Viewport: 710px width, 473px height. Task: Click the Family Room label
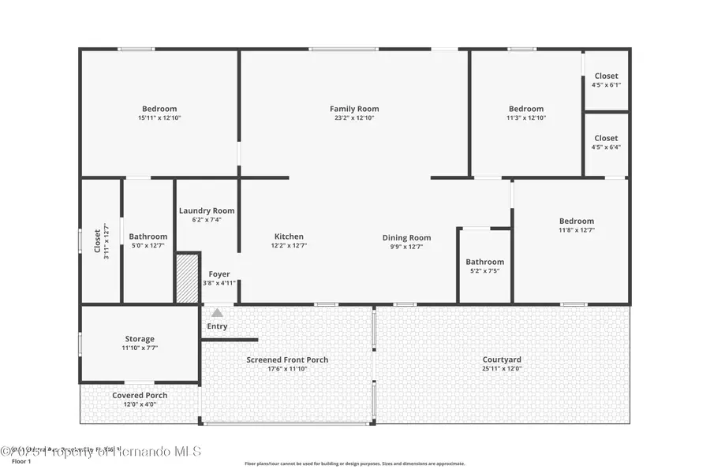[354, 109]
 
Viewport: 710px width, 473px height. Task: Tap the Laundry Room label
[207, 210]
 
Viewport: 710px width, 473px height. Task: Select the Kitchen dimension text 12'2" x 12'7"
[289, 246]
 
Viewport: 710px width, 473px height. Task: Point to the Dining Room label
[406, 237]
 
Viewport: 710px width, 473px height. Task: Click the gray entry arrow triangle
[217, 313]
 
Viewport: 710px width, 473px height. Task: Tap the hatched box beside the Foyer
[187, 277]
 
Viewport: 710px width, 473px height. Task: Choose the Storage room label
[139, 339]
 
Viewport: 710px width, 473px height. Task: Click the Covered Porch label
[139, 395]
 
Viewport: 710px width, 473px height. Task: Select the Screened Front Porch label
[287, 359]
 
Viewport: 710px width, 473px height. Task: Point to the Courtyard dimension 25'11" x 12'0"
[503, 369]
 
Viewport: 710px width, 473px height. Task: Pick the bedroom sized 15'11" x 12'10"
[159, 113]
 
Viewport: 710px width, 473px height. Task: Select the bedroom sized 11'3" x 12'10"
[525, 113]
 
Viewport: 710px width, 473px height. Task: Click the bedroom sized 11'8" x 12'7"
[576, 225]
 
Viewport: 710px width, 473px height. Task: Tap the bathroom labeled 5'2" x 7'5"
[484, 266]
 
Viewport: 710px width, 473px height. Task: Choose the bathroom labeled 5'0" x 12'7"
[148, 240]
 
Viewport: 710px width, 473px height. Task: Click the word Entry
[217, 326]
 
